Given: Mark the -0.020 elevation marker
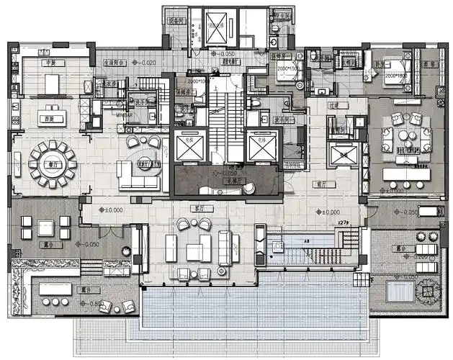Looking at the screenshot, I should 145,63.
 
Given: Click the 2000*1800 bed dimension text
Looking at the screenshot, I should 394,75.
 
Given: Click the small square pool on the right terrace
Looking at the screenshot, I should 398,291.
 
